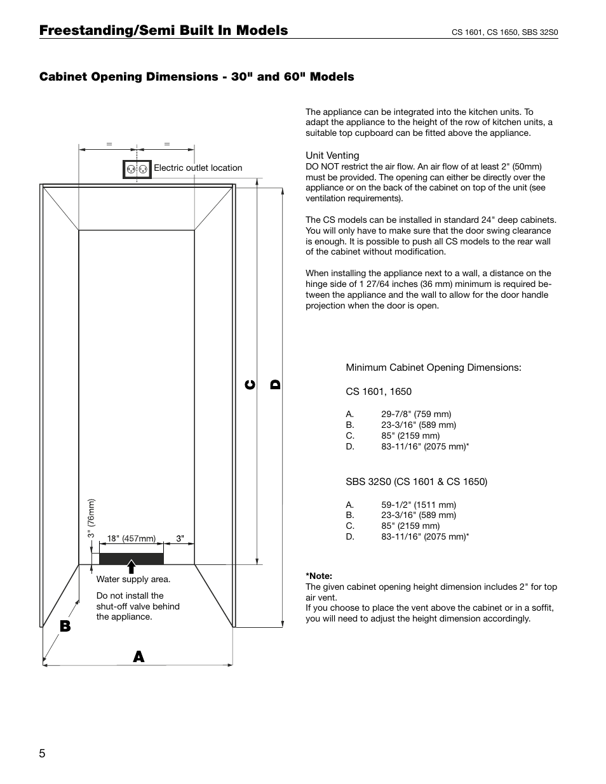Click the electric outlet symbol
pos(137,169)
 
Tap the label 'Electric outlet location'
pos(198,168)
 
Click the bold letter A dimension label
pos(138,657)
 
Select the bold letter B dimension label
pos(65,626)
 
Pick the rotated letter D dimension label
pos(275,384)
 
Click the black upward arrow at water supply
pos(131,566)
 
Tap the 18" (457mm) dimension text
pos(131,538)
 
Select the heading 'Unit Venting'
pos(332,156)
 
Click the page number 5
pos(42,754)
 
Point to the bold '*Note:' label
pos(319,576)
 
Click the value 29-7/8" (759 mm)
pos(416,414)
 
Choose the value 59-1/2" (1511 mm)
pos(418,505)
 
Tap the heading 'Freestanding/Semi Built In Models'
pos(163,30)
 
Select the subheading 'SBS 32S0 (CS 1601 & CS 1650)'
pos(416,482)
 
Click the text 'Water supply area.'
pos(133,579)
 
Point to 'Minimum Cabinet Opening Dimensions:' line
pos(433,368)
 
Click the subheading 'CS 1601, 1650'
pos(379,392)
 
